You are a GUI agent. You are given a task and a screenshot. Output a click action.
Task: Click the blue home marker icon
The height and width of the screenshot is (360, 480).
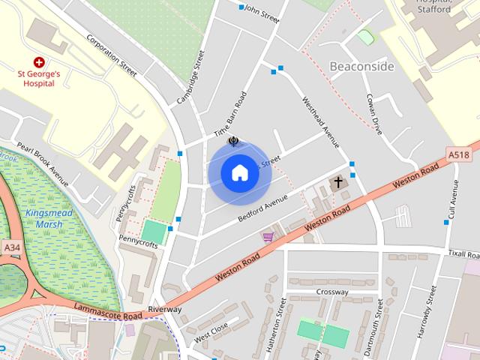point(239,172)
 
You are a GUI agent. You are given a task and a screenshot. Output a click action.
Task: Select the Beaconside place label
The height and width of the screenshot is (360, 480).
point(361,66)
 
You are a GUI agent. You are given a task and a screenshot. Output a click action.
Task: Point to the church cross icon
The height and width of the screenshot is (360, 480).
point(337,182)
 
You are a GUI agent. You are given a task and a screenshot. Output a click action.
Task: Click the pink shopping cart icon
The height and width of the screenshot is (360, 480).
point(268,237)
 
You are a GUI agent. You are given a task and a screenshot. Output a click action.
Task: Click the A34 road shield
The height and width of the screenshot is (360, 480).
point(11,247)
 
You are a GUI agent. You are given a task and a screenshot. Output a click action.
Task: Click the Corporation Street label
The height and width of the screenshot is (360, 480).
point(112,55)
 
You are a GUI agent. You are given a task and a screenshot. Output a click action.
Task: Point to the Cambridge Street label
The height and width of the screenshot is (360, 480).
point(190,78)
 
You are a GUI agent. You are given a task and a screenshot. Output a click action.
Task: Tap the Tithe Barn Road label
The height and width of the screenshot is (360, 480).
point(230,114)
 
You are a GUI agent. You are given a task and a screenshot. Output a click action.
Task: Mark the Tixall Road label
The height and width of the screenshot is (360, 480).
point(463,253)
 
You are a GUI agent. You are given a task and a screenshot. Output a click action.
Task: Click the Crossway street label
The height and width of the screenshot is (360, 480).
point(332,292)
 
